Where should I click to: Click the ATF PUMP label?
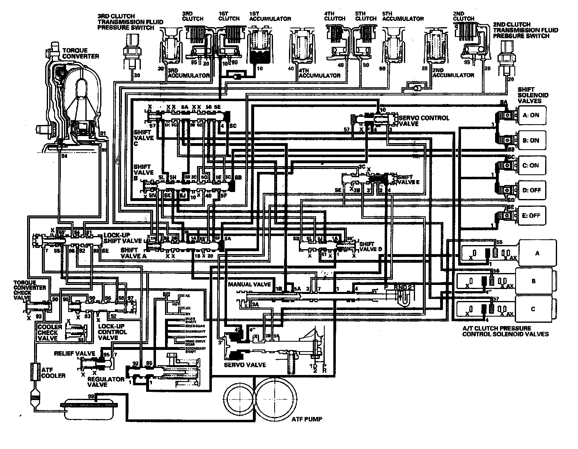coord(307,419)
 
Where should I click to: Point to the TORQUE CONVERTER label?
coord(80,53)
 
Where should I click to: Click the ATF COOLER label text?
coord(53,373)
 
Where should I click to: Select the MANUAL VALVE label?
coord(249,285)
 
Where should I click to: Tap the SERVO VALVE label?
coord(245,365)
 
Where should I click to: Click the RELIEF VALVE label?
coord(75,354)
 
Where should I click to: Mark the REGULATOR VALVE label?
coord(106,382)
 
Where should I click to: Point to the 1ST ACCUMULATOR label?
coord(270,19)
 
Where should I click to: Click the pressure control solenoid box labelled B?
coord(533,281)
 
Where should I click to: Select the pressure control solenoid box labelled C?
coord(533,309)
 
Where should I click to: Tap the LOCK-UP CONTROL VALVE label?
coord(112,332)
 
